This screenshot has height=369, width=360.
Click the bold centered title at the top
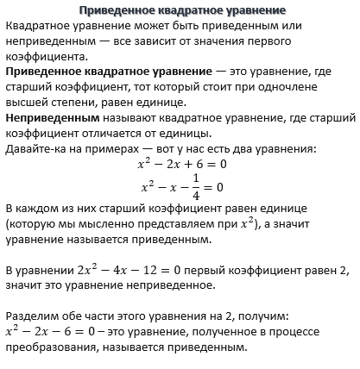click(x=179, y=11)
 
